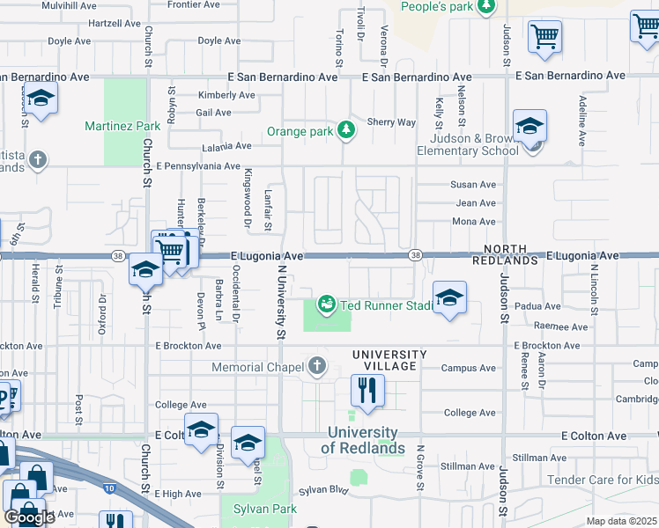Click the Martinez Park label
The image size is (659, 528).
[x=122, y=127]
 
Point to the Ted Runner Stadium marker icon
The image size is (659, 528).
[x=327, y=304]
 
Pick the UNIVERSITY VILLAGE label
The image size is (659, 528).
[x=389, y=355]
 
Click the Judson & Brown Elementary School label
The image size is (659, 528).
[x=474, y=144]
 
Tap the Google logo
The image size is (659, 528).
[x=29, y=517]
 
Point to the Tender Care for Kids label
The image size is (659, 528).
[x=603, y=480]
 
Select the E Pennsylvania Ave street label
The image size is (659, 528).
[x=198, y=165]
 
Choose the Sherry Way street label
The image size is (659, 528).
[x=391, y=122]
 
